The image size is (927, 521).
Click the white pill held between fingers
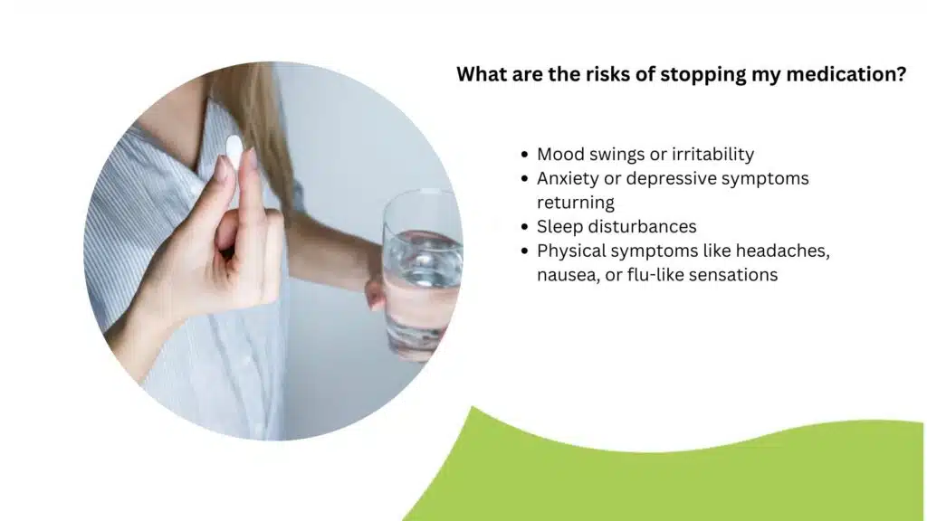tap(234, 151)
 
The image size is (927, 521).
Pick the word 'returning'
tap(576, 203)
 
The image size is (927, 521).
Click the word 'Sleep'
tap(560, 227)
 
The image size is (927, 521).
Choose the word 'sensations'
tap(734, 275)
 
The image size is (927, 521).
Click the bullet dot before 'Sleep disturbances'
tap(524, 227)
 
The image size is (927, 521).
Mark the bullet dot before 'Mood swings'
tap(524, 155)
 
